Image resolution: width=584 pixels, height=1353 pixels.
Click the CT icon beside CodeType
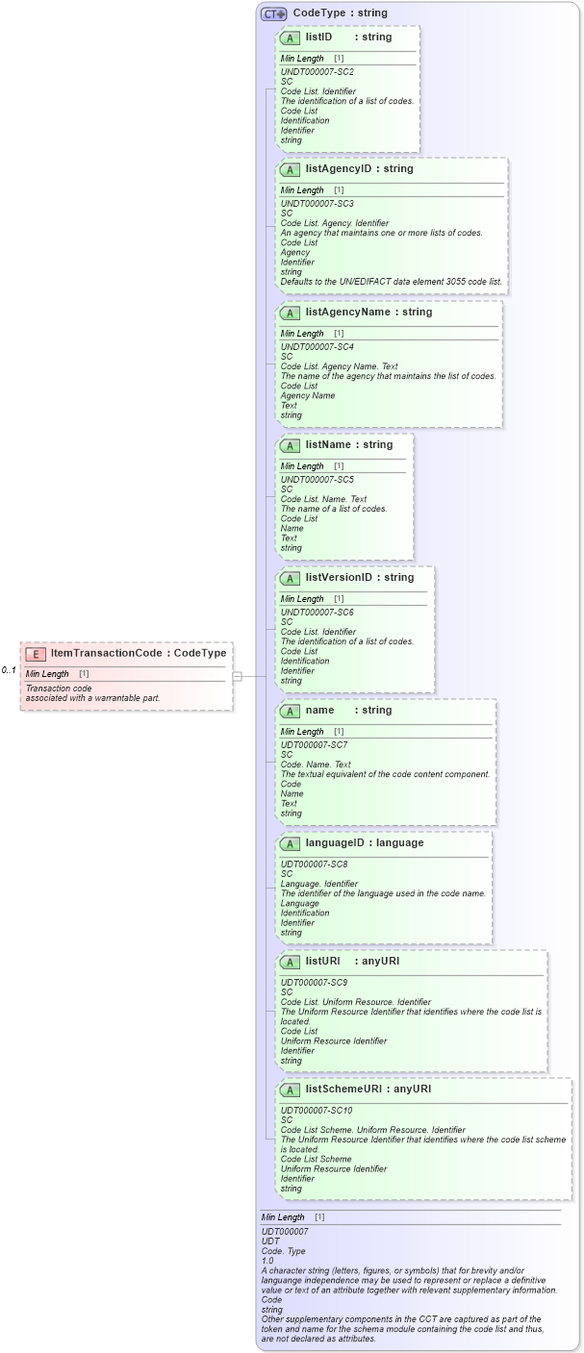click(274, 13)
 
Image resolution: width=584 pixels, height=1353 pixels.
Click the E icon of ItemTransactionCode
click(36, 653)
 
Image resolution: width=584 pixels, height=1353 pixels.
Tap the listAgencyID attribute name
click(338, 168)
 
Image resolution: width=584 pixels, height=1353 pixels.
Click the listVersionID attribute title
click(340, 577)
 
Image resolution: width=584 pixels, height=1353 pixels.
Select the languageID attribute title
click(336, 842)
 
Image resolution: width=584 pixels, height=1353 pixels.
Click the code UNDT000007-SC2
click(317, 72)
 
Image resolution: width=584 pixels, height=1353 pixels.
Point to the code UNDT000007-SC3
click(317, 204)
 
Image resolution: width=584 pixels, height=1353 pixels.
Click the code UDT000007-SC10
click(316, 1110)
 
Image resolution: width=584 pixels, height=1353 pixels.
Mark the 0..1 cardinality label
click(9, 669)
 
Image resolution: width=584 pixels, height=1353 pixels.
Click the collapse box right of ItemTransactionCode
click(237, 676)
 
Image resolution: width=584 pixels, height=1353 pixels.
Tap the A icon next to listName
click(289, 445)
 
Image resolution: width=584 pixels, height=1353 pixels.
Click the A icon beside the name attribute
click(289, 711)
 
